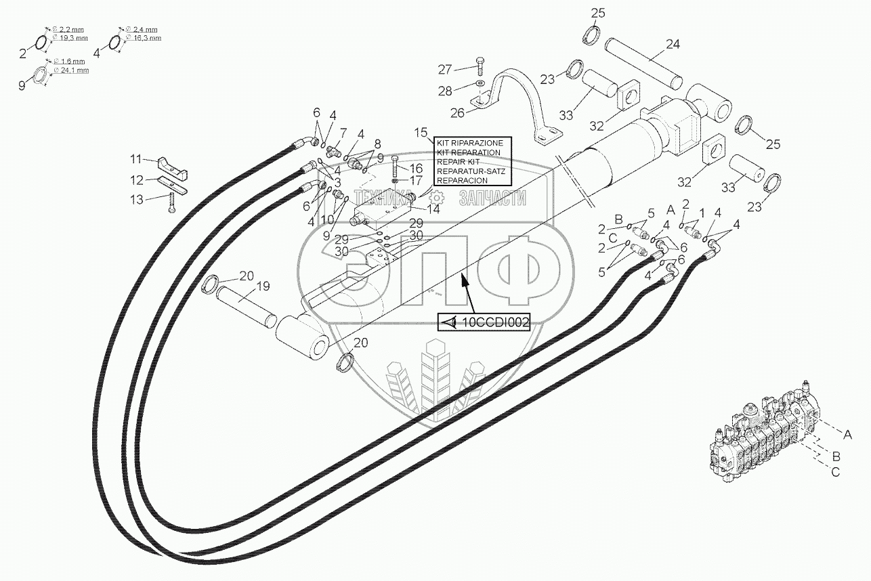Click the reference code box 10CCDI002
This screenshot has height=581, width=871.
point(484,323)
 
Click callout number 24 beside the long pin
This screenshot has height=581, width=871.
point(672,45)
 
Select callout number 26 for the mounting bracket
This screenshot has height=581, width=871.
point(458,113)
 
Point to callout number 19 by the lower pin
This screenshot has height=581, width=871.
point(263,286)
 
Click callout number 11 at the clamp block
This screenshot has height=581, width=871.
point(137,158)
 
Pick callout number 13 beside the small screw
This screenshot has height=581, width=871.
point(137,199)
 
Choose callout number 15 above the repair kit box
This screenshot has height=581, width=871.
point(421,131)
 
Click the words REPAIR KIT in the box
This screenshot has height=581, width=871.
point(458,163)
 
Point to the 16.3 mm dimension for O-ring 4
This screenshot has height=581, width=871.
point(147,39)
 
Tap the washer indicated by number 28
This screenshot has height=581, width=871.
point(480,83)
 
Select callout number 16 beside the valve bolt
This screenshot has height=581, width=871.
point(415,167)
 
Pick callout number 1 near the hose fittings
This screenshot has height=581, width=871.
point(702,213)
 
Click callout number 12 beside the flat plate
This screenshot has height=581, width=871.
point(137,180)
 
